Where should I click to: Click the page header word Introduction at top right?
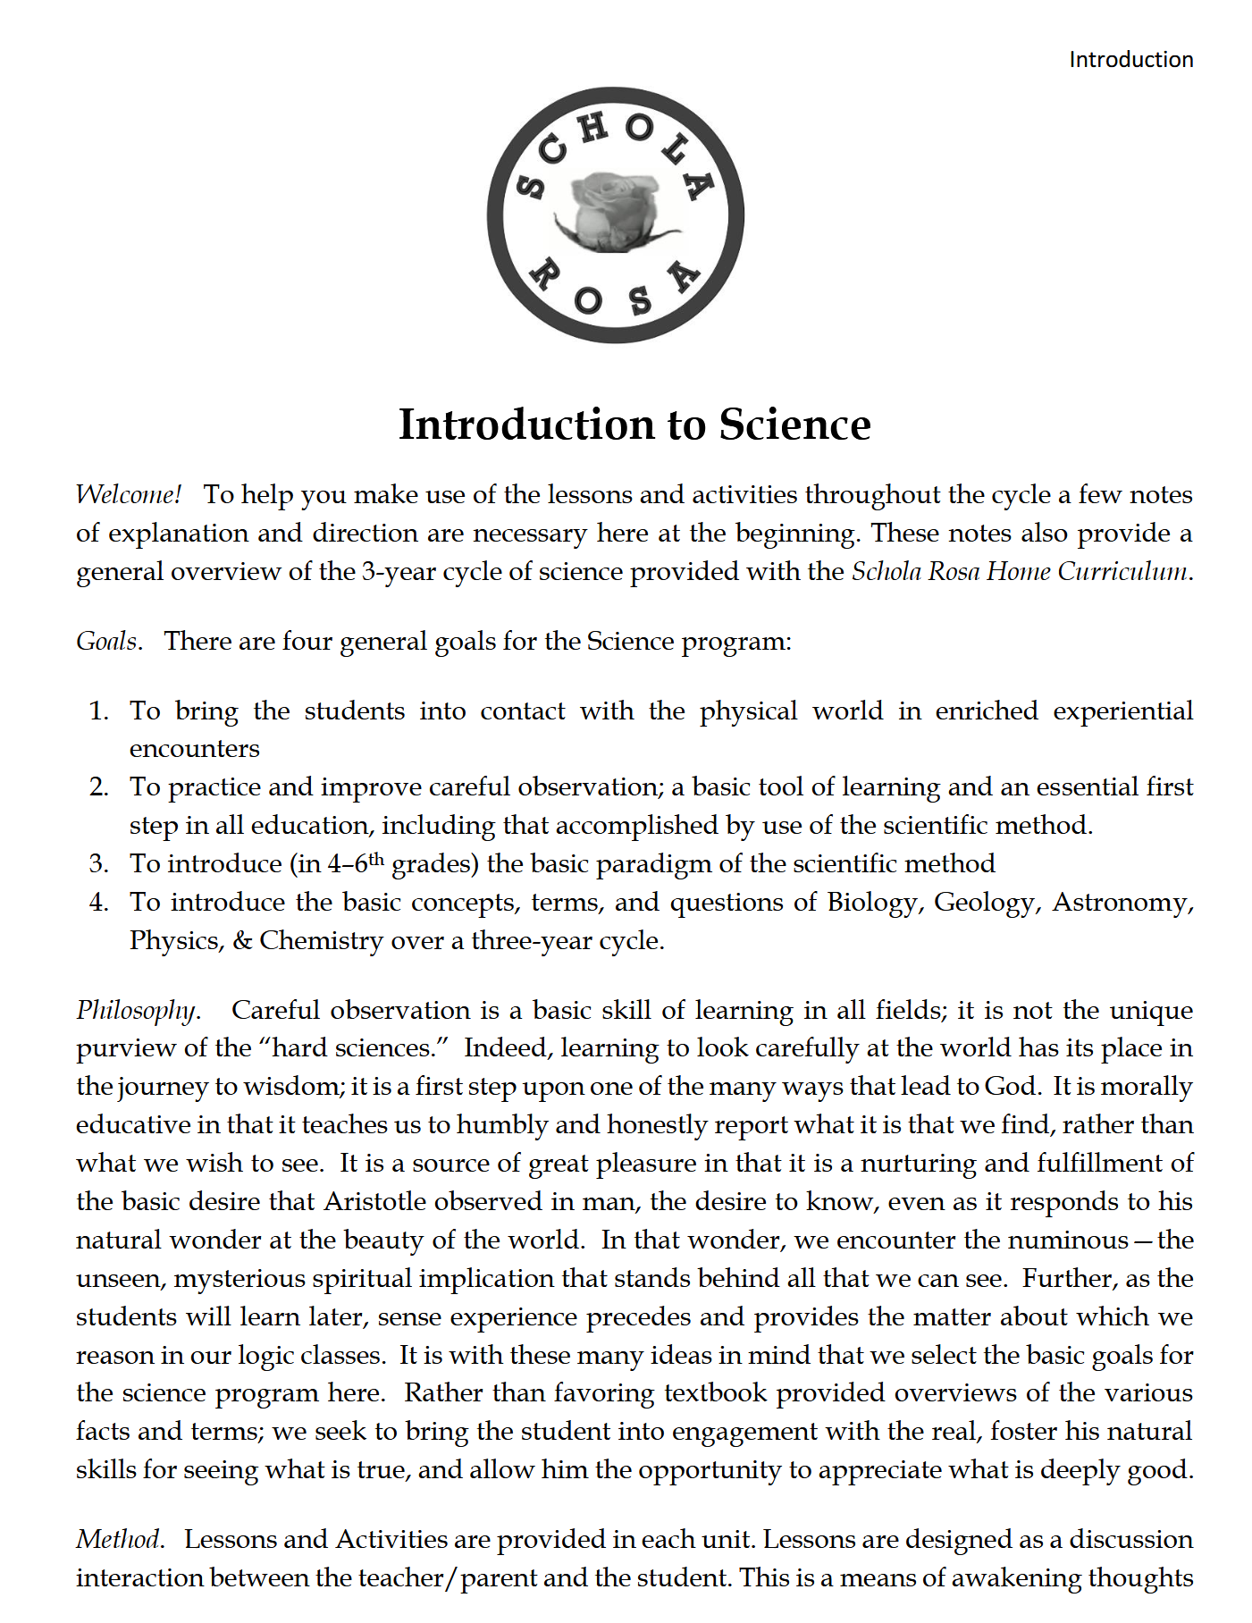(1130, 60)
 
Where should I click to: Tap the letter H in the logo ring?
(592, 130)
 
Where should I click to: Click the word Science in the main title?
(794, 425)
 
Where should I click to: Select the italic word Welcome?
(129, 494)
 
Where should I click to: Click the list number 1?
(98, 711)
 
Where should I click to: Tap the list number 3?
(98, 864)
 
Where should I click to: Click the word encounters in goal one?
(195, 749)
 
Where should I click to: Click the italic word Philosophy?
(137, 1011)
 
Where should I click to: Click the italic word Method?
(119, 1540)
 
